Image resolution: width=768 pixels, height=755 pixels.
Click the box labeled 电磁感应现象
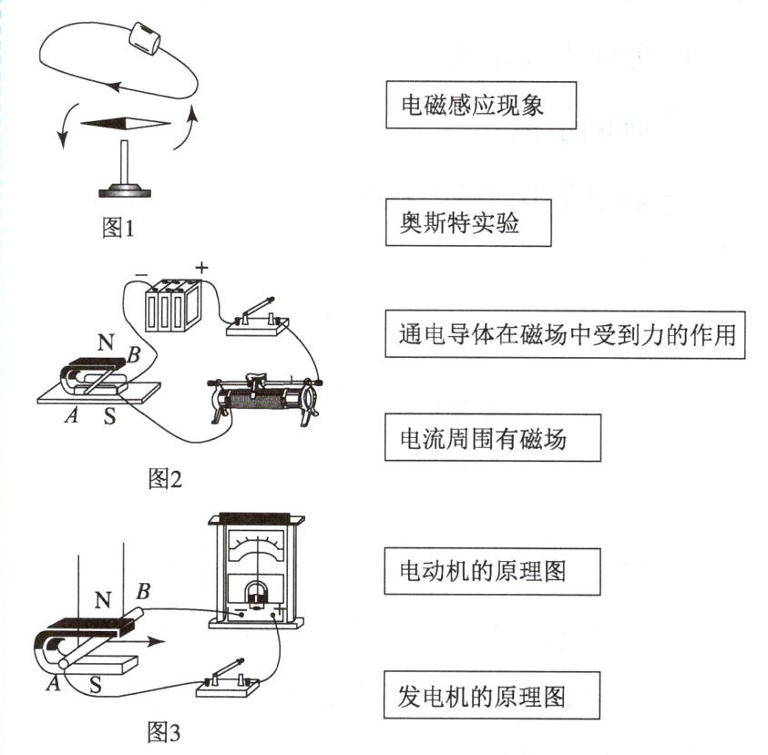[x=481, y=106]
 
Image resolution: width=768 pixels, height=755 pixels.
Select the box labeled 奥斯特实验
[x=468, y=223]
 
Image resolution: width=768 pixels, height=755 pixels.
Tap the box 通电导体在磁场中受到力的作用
[x=565, y=334]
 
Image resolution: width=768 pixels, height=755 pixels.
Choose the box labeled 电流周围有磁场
[x=493, y=438]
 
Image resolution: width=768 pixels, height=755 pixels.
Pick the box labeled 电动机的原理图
[x=492, y=571]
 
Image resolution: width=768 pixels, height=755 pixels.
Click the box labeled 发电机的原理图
[x=492, y=695]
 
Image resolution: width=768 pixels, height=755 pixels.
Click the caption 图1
[x=118, y=228]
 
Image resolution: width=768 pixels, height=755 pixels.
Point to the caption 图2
[x=165, y=478]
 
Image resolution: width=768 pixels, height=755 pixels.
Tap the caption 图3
[x=164, y=732]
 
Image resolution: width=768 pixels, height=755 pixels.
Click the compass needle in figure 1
[x=126, y=123]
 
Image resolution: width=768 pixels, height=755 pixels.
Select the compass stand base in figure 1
[x=125, y=189]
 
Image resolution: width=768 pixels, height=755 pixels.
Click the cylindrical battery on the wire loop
[x=145, y=37]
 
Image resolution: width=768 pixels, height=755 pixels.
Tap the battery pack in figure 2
[x=173, y=305]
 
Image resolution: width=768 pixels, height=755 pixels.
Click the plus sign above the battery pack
[x=202, y=268]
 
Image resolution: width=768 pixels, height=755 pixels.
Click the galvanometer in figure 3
[x=256, y=571]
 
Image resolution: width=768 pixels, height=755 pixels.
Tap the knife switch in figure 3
[x=228, y=679]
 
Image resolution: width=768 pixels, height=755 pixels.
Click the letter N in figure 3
[x=103, y=600]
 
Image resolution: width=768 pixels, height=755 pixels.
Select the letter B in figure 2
[x=134, y=354]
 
